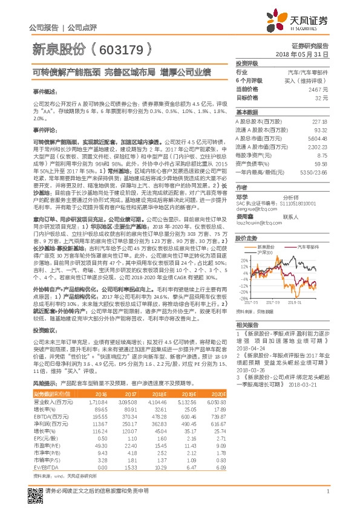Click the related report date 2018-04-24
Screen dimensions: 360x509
254,349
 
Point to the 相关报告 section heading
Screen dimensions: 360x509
247,325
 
